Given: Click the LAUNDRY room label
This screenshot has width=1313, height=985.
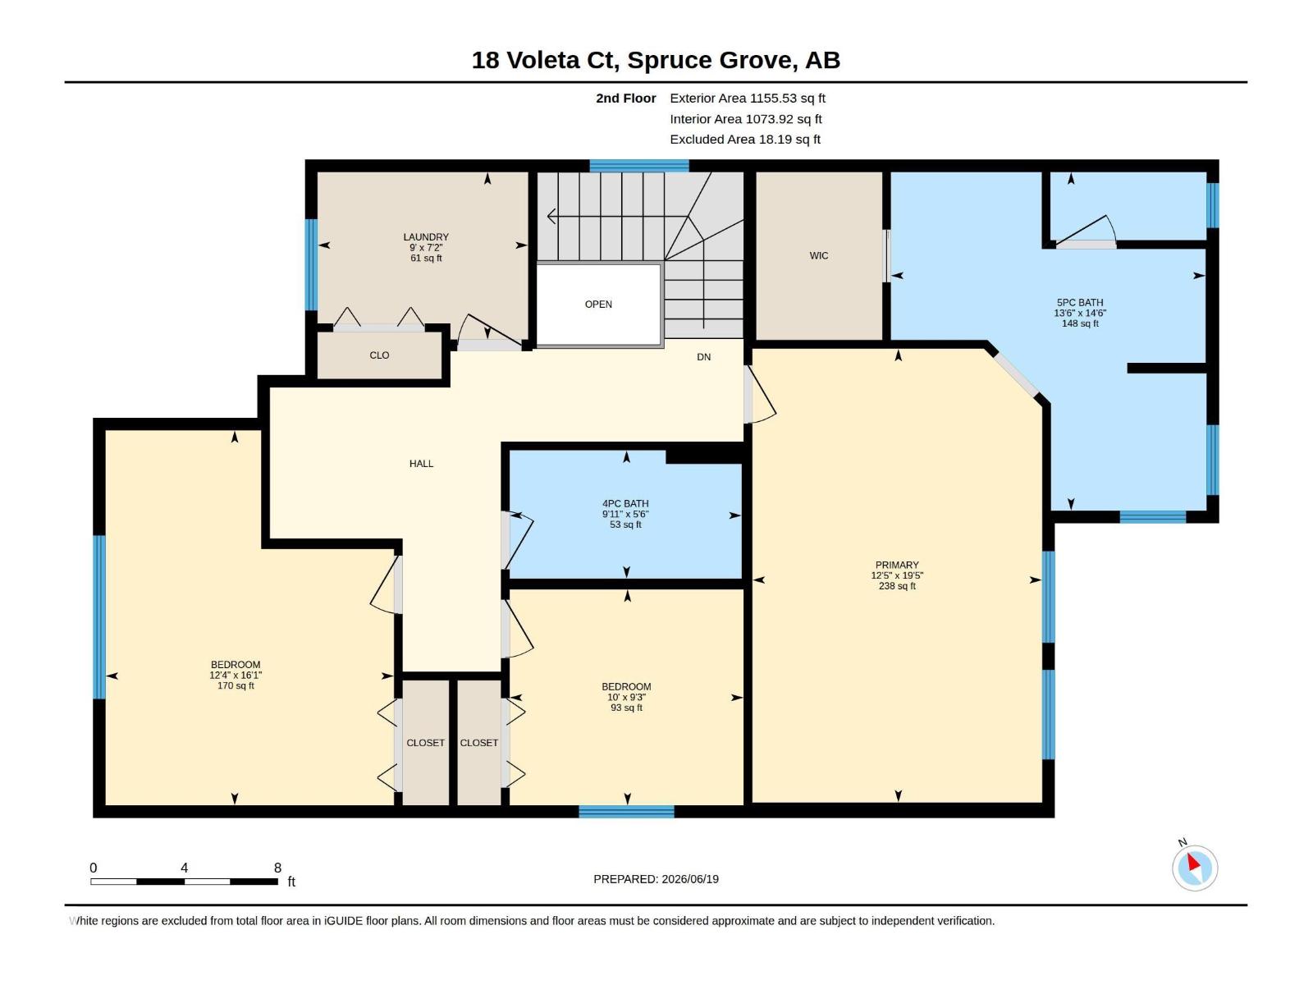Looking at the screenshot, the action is (425, 237).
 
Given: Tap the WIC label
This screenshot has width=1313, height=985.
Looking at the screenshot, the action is (818, 255).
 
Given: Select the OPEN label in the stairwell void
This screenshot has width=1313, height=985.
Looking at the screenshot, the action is (598, 304).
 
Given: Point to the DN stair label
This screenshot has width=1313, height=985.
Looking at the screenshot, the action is (703, 357).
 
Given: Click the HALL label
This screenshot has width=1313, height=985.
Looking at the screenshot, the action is (421, 464).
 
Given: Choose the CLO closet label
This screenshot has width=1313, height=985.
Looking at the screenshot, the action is (379, 355).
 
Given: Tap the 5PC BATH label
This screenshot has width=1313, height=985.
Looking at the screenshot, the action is (1080, 303).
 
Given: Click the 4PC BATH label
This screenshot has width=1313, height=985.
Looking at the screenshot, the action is (625, 503).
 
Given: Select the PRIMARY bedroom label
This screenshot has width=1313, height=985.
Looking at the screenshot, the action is (897, 565).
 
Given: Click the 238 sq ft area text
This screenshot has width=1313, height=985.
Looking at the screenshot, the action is (897, 586).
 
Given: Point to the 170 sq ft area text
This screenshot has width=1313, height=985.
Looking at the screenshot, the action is (235, 685).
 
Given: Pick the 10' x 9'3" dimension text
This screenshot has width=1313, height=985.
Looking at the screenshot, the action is (626, 698).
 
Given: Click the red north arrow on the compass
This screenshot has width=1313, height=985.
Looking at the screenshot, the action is (1192, 862).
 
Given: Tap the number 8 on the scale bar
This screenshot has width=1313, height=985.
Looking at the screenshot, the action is (277, 868).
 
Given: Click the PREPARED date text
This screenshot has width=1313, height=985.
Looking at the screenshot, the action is (656, 879).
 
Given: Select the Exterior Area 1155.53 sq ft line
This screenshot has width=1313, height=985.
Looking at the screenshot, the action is (747, 98).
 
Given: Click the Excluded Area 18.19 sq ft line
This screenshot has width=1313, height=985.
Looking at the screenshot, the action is (745, 140).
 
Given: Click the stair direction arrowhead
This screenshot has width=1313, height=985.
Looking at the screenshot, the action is (551, 216).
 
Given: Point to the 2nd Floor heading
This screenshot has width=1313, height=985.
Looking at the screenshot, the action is (625, 98).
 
